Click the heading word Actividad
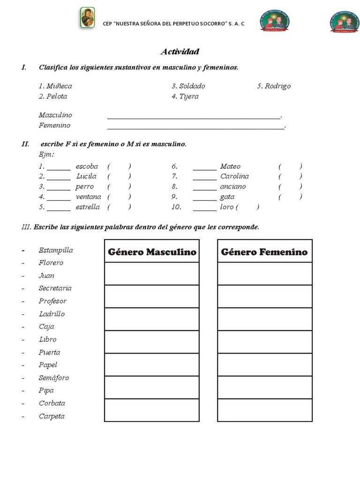[x=180, y=52]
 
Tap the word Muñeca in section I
[x=59, y=86]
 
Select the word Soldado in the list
[x=192, y=86]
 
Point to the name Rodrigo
[x=277, y=86]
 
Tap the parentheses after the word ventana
[x=119, y=197]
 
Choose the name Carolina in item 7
[x=234, y=177]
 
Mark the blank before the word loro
[x=205, y=207]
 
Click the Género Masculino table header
[x=152, y=252]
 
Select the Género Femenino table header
[x=264, y=252]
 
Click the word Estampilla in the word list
[x=56, y=250]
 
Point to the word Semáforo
[x=54, y=378]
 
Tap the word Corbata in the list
[x=52, y=404]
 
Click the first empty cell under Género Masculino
[x=152, y=274]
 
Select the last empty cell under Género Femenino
[x=264, y=410]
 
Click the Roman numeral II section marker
[x=25, y=144]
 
